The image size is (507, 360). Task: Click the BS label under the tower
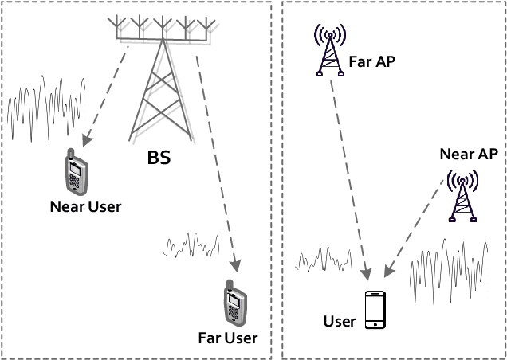pos(159,158)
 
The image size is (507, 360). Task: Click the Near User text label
pos(85,208)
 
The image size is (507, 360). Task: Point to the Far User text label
pos(228,338)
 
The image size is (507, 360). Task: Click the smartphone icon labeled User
pos(375,310)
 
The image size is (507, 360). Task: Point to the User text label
pos(339,322)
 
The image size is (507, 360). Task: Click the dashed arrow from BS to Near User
pos(106,96)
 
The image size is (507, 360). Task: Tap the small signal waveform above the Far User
pos(192,243)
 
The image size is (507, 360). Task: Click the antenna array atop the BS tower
pos(163,30)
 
